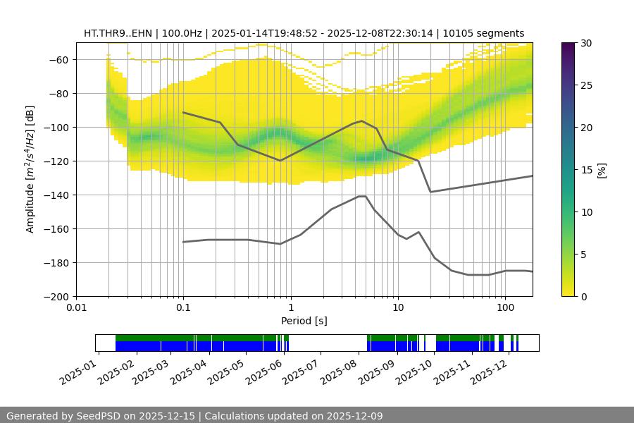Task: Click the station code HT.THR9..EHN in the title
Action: tap(116, 33)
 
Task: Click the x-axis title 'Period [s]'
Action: tap(304, 321)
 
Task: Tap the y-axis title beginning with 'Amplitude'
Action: tap(30, 169)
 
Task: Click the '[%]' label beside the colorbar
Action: tap(601, 170)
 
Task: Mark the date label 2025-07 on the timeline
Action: tap(301, 369)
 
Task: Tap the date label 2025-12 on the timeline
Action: tap(487, 369)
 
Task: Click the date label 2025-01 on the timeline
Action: tap(79, 369)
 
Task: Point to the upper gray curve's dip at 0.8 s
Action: tap(280, 161)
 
